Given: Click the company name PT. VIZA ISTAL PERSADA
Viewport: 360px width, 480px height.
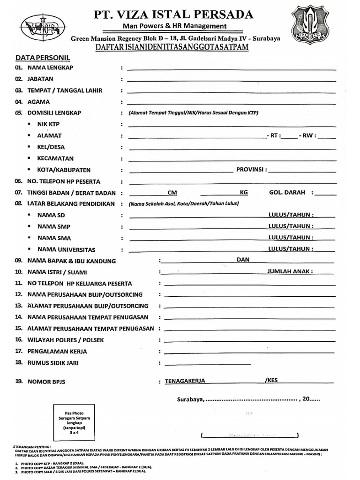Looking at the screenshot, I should tap(174, 14).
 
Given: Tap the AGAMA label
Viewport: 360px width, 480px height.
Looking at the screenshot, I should tap(38, 102).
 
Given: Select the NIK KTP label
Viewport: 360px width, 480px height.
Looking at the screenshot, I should tap(48, 124).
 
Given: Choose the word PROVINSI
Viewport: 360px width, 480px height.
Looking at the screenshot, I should tap(251, 169).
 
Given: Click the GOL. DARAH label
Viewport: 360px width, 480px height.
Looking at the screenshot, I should tap(287, 192).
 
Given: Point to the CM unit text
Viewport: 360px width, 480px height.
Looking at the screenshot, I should tap(172, 193).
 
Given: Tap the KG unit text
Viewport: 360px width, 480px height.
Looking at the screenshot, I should tap(244, 193).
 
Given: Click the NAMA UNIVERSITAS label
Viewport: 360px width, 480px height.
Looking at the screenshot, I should tap(66, 249).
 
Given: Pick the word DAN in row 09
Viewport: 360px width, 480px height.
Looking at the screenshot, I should tap(243, 260).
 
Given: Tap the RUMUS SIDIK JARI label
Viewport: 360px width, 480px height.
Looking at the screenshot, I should tap(53, 362).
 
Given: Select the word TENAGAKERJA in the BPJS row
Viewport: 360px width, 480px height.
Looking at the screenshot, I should tap(185, 381).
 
